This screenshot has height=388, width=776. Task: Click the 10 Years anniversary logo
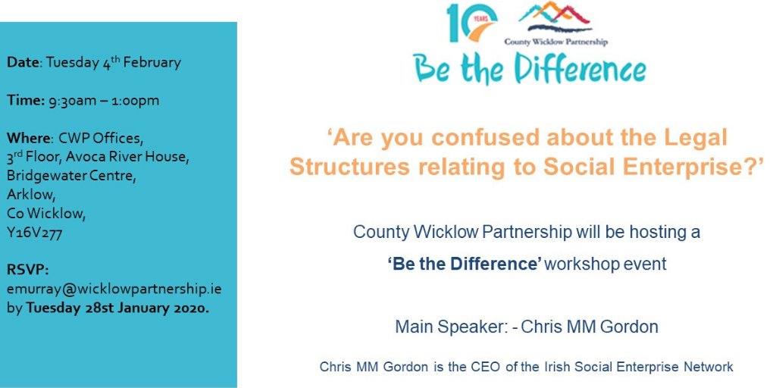(x=471, y=22)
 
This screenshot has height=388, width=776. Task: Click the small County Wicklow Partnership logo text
(x=555, y=42)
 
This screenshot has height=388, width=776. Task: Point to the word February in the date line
(x=152, y=63)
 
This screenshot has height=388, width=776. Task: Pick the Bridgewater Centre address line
(x=70, y=176)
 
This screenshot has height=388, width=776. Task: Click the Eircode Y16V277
(x=34, y=233)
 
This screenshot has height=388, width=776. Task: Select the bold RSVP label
(x=28, y=271)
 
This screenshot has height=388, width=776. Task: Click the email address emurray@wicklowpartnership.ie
(x=114, y=289)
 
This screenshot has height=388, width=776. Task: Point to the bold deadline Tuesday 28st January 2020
(x=117, y=308)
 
